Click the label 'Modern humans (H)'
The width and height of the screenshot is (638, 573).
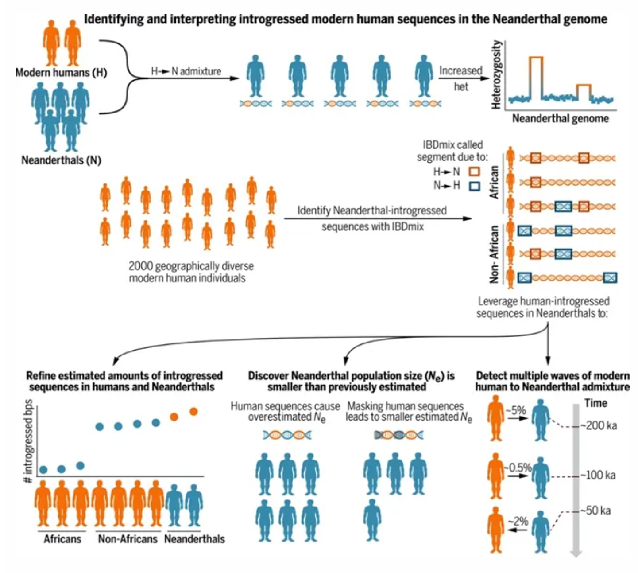point(62,73)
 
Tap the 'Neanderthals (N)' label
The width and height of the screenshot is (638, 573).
point(62,160)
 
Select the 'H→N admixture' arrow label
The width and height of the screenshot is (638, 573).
point(186,71)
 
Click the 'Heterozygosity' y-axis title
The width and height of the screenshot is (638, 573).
point(496,75)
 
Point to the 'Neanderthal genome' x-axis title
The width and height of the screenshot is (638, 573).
point(560,118)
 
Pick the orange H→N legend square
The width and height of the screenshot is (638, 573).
point(474,172)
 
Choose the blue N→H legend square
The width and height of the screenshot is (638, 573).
point(474,186)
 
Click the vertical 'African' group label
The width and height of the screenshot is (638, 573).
point(495,182)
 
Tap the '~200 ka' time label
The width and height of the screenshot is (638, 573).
point(598,426)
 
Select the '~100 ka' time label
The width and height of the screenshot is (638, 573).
point(598,475)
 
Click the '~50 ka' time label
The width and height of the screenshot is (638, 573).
point(595,511)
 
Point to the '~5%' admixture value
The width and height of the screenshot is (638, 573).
point(516,410)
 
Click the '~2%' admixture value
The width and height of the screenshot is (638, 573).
point(518,521)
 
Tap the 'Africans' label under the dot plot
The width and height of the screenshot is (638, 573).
point(62,539)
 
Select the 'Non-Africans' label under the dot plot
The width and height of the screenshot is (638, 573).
point(128,539)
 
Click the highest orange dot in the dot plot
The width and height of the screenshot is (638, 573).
point(193,411)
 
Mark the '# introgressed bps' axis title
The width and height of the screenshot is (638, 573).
point(28,441)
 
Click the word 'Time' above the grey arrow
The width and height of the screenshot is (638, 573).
point(596,403)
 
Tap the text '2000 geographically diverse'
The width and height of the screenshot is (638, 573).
point(191,266)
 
